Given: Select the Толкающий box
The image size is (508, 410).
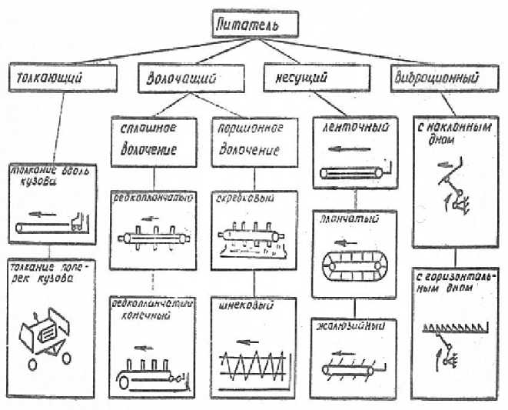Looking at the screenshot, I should click(61, 78).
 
